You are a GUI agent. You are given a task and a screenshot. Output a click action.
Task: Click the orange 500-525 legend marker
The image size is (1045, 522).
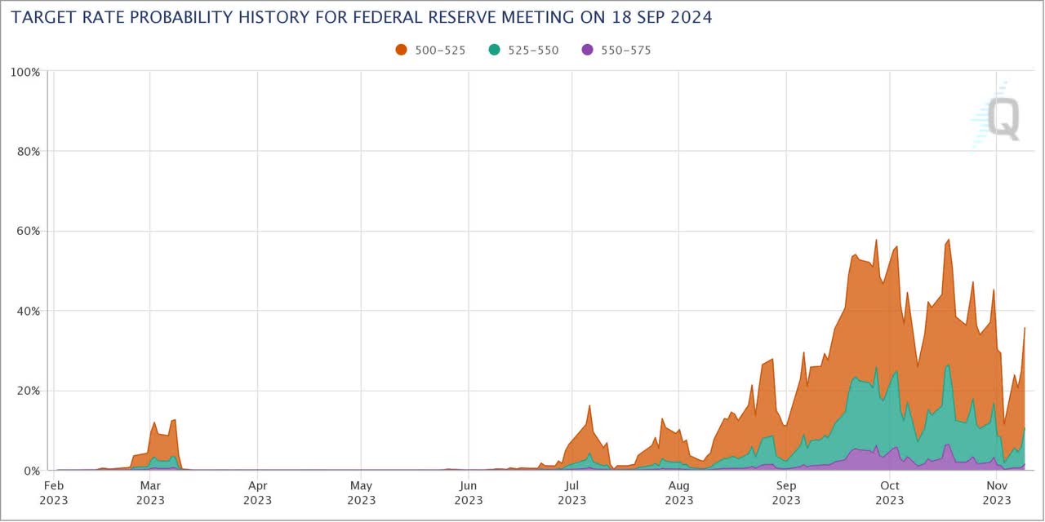(x=401, y=50)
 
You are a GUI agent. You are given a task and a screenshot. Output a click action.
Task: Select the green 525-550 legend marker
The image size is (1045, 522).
(x=494, y=50)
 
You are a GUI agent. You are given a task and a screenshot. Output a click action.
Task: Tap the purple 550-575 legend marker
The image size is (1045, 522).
(x=586, y=50)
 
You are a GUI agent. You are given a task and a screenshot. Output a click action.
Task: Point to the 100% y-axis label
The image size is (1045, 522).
(x=24, y=72)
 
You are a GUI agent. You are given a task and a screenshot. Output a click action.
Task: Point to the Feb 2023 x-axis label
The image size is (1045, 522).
(x=54, y=493)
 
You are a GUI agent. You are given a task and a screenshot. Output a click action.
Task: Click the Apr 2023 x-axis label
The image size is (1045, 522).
(x=257, y=493)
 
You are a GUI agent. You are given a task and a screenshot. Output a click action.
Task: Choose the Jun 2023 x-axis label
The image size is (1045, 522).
(x=468, y=493)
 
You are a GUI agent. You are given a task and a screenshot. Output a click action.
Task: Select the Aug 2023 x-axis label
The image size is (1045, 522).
(x=678, y=493)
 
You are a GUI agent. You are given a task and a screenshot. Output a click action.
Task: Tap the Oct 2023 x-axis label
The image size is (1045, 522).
(x=890, y=493)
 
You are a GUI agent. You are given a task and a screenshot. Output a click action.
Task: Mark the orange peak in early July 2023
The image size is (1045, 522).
(x=589, y=405)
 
